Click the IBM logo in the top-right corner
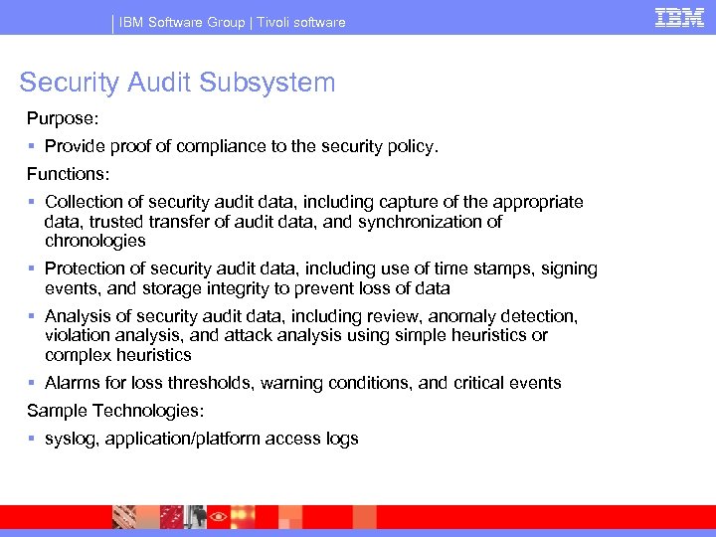pyautogui.click(x=679, y=17)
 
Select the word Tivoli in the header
pyautogui.click(x=275, y=22)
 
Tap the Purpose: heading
pyautogui.click(x=62, y=118)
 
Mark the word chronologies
pyautogui.click(x=95, y=241)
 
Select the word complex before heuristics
pyautogui.click(x=77, y=355)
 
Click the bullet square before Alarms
pyautogui.click(x=33, y=383)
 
